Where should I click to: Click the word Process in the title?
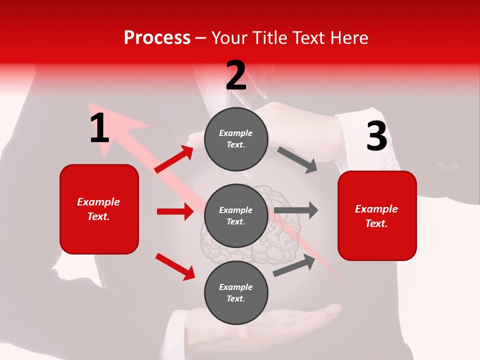pos(157,38)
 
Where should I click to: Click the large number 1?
pos(99,128)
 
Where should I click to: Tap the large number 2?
pos(236,75)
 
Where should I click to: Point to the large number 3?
pos(376,136)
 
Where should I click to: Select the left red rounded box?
pos(99,209)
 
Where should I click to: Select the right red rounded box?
pos(377,215)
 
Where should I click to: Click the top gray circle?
pos(236,139)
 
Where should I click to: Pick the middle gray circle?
pos(236,215)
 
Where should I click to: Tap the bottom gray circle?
pos(236,292)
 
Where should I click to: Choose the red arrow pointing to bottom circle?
pos(175,266)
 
